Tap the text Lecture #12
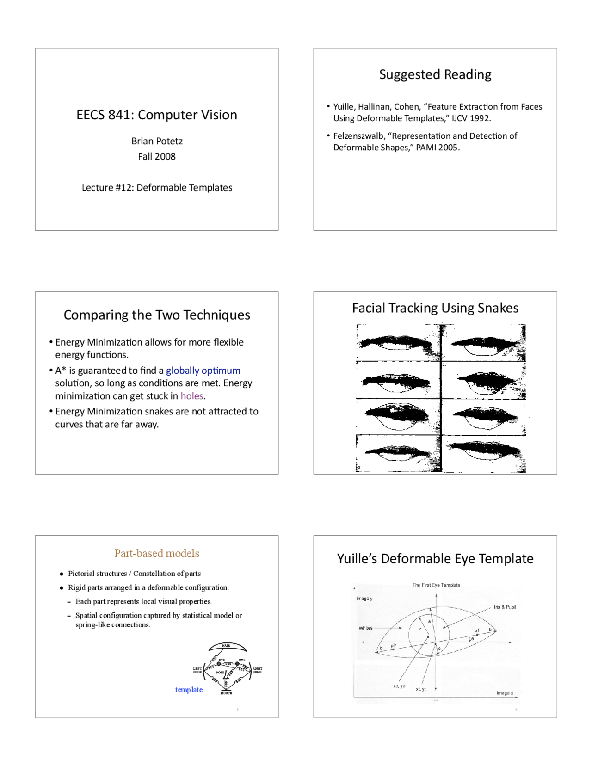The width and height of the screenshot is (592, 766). point(107,188)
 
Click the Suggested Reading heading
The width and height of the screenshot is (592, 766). point(435,75)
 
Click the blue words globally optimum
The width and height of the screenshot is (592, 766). point(203,371)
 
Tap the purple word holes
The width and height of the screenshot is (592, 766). point(192,396)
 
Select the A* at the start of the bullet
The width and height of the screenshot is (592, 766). point(61,371)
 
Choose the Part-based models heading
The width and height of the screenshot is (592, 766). point(157,553)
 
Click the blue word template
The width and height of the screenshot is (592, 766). point(189,690)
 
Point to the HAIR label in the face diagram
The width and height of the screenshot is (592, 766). point(226,646)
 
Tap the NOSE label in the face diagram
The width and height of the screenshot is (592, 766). point(220,673)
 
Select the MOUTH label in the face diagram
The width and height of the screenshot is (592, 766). point(226,693)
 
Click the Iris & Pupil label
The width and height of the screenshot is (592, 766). point(505,607)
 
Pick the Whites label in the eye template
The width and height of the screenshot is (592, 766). point(365,628)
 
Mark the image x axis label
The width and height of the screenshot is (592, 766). point(505,693)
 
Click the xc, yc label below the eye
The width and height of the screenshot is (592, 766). point(399,686)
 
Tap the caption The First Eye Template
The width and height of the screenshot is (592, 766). point(436,585)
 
